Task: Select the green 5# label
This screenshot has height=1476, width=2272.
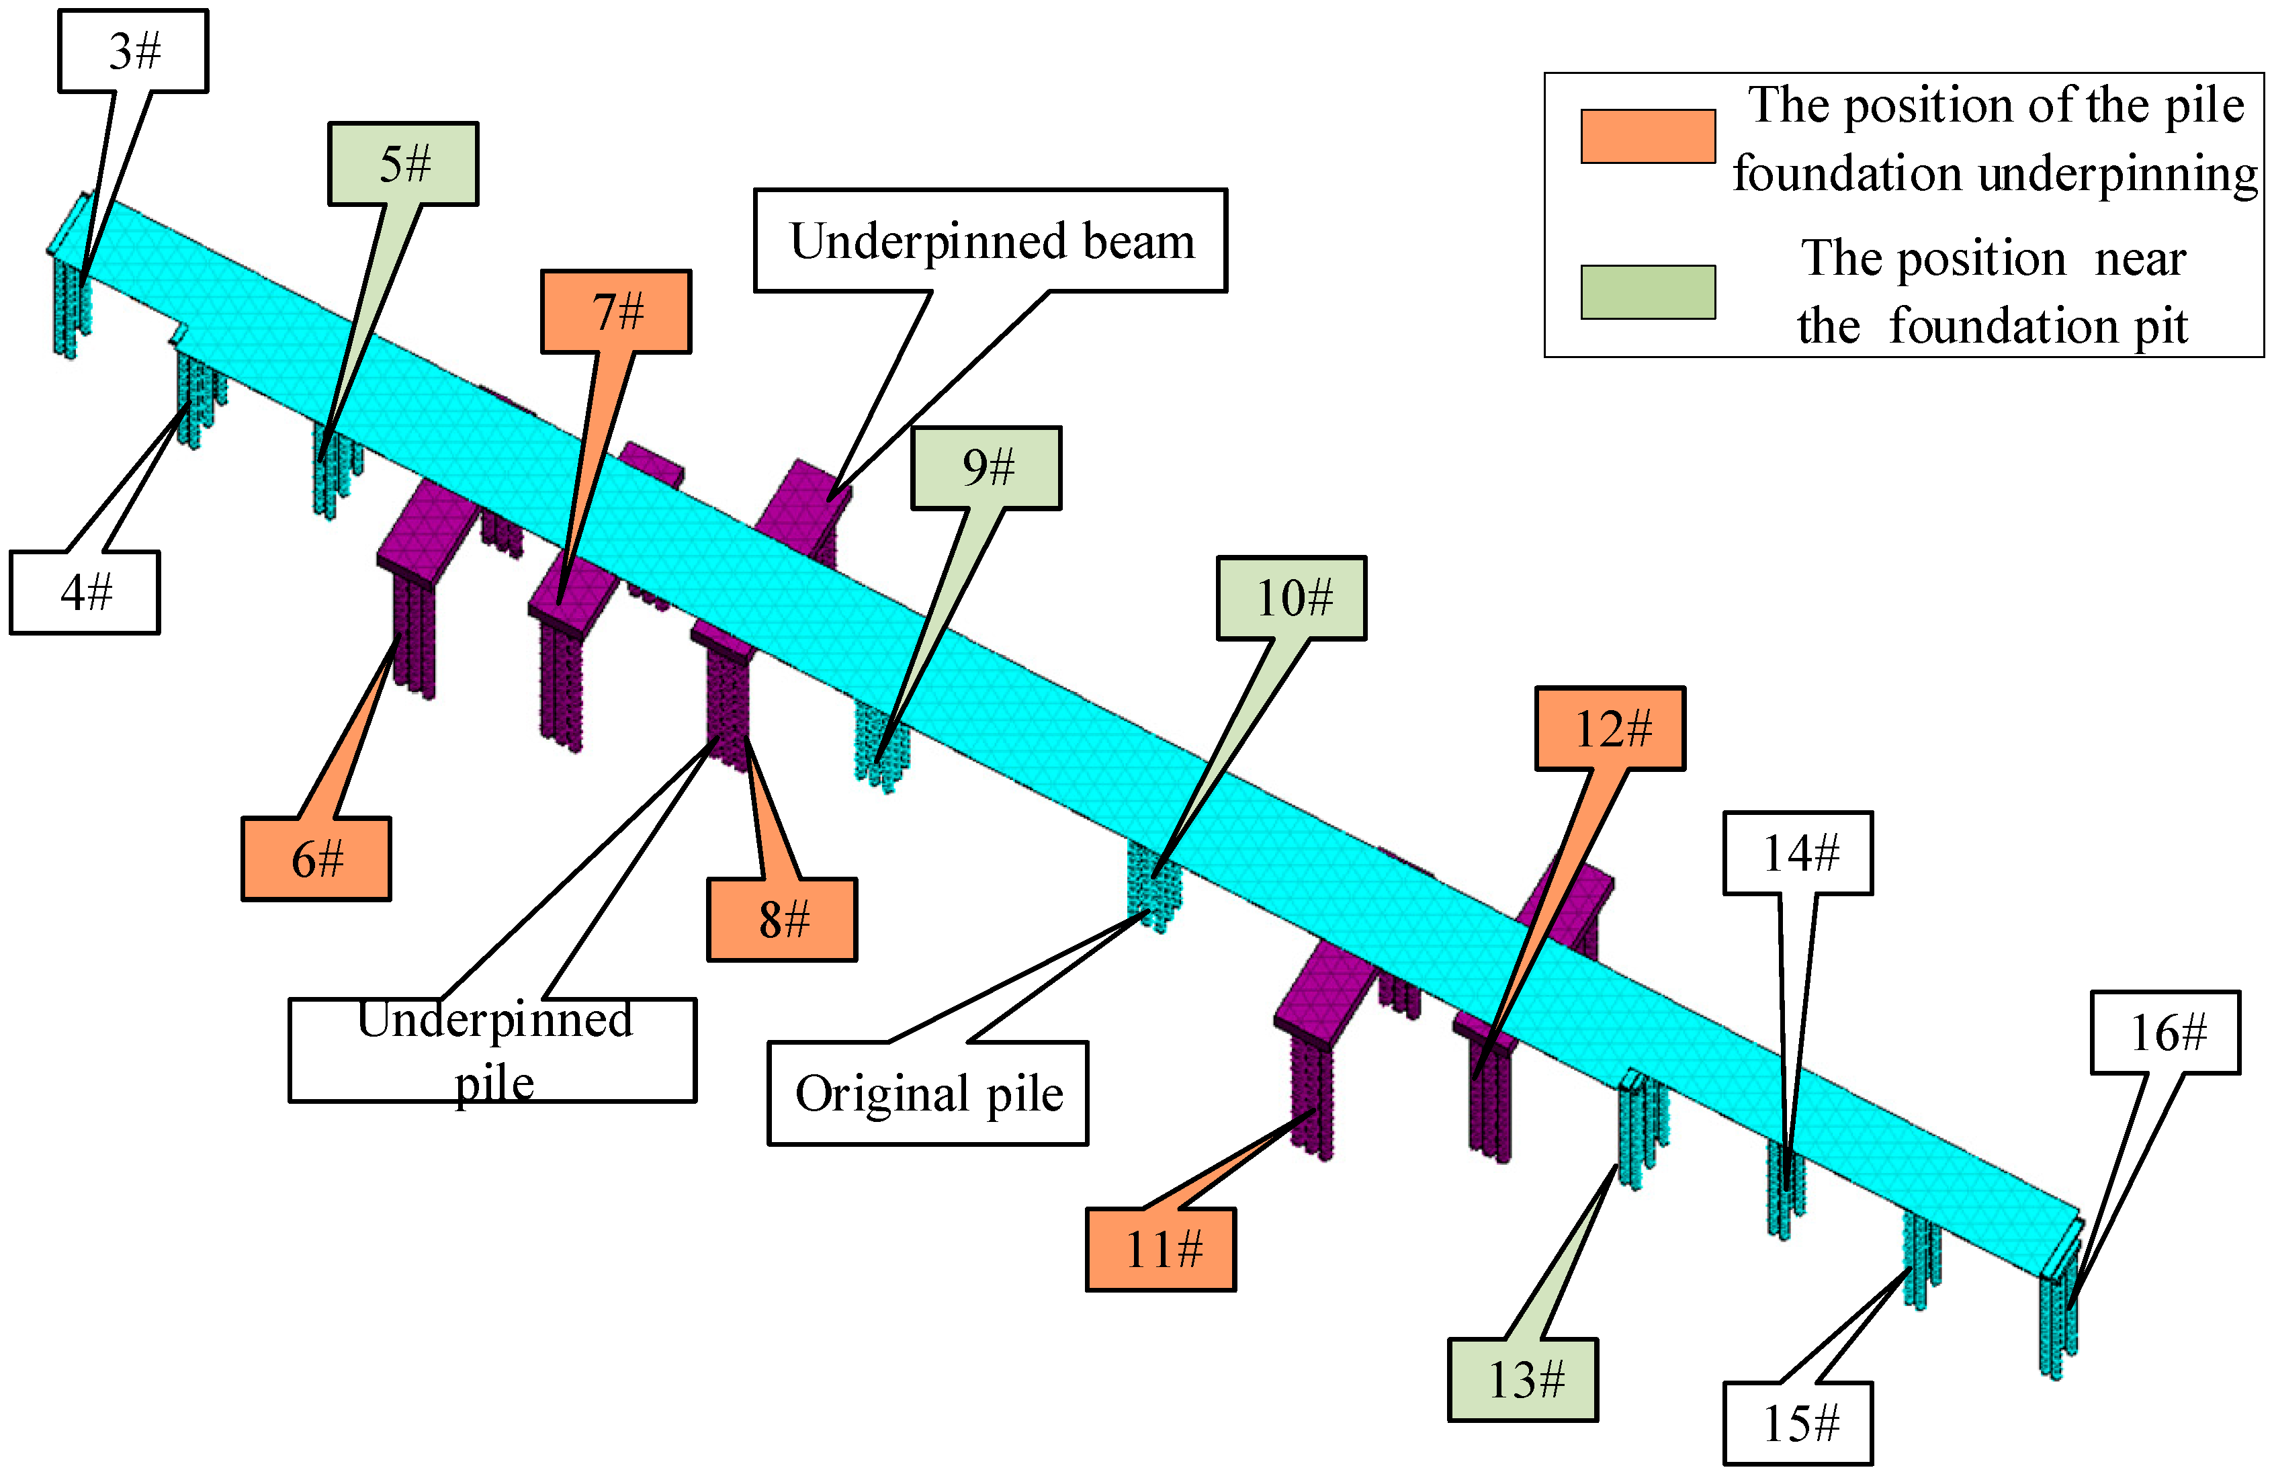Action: coord(404,164)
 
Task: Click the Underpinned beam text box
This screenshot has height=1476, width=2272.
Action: coord(991,241)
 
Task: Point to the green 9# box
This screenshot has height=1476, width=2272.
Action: coord(986,468)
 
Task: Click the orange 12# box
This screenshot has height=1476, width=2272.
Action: coord(1610,728)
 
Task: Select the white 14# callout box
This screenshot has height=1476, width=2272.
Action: coord(1798,853)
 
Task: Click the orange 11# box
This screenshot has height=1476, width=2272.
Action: coord(1161,1250)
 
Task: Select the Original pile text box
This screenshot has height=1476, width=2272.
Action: coord(928,1093)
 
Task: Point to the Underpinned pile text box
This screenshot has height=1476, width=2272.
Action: coord(492,1050)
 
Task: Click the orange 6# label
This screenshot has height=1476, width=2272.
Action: coord(316,859)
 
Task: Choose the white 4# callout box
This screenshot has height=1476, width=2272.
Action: coord(85,593)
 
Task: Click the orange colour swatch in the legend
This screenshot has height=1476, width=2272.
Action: coord(1648,136)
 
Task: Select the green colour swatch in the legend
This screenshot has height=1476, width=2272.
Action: coord(1648,291)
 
